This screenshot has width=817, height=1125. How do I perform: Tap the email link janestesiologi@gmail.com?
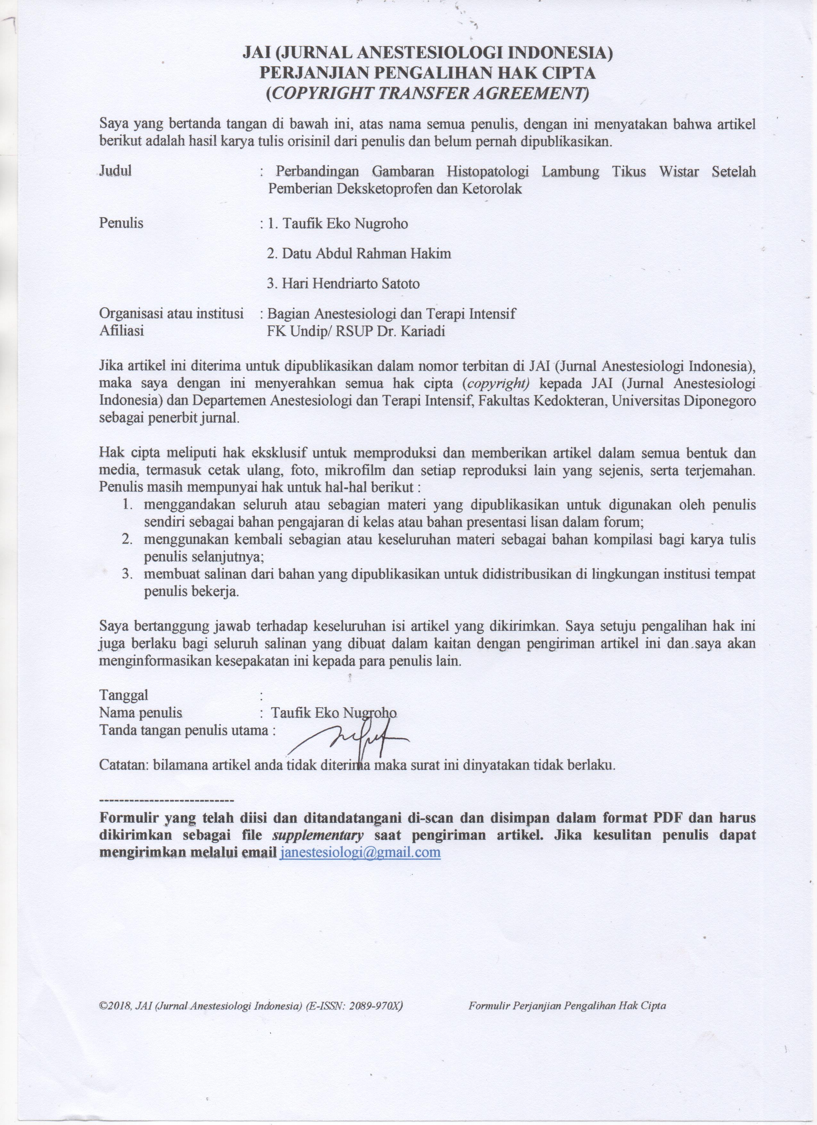coord(360,852)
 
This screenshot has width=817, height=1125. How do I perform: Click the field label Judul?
coord(116,171)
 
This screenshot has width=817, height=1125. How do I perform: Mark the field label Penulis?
coord(121,223)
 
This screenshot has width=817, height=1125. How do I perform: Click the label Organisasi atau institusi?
coord(171,313)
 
